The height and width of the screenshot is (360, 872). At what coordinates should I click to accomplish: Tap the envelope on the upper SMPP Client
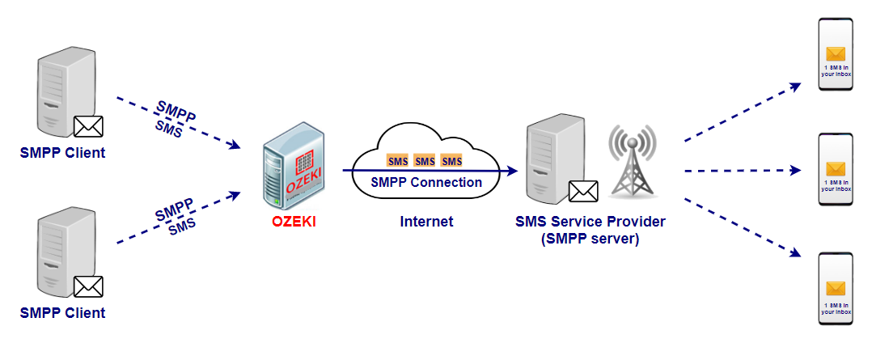click(88, 127)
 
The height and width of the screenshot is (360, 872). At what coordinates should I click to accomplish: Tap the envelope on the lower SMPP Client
click(88, 286)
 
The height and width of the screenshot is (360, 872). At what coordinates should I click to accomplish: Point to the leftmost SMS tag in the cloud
click(398, 161)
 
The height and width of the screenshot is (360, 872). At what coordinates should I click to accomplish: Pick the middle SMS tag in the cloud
click(425, 161)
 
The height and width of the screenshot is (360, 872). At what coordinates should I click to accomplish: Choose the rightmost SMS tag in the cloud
click(451, 161)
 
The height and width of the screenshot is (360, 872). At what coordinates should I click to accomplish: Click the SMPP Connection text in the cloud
click(426, 182)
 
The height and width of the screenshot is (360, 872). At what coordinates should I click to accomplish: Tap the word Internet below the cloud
click(426, 221)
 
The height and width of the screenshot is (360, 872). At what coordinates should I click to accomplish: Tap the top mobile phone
click(835, 57)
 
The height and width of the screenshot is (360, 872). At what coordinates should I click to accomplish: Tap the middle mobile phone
click(835, 172)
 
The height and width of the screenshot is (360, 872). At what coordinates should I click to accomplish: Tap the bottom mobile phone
click(835, 290)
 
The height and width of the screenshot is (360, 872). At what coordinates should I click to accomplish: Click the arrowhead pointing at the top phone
click(795, 84)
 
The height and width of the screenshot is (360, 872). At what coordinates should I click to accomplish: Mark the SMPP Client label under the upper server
click(62, 153)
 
